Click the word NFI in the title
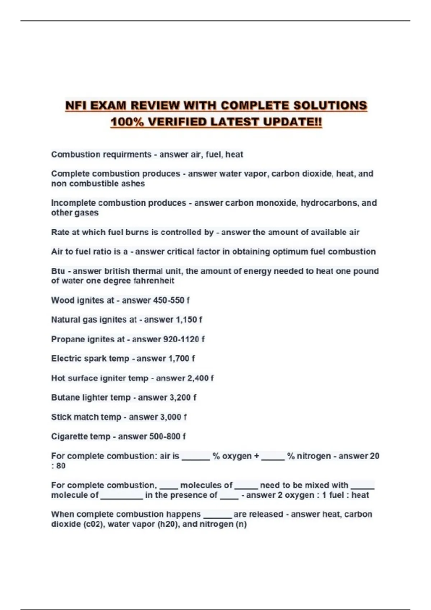pyautogui.click(x=76, y=105)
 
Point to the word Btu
pyautogui.click(x=58, y=271)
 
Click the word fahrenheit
pyautogui.click(x=154, y=281)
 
